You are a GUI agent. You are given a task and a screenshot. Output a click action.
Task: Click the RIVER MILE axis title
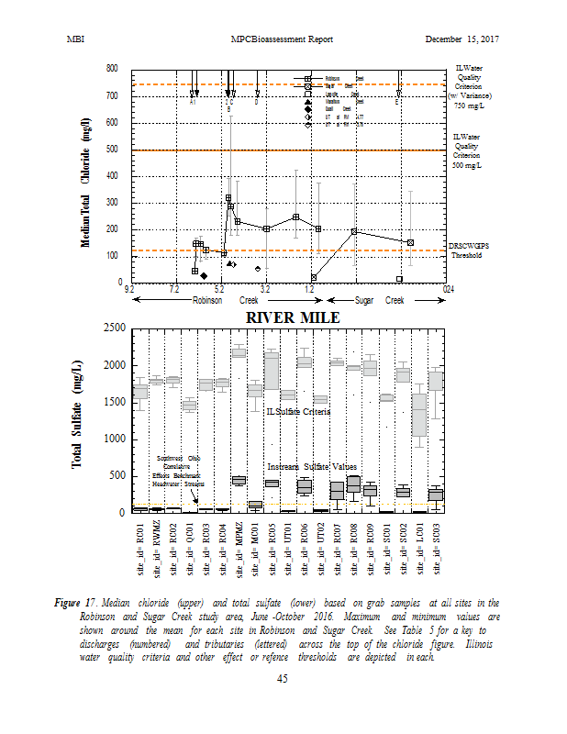point(293,317)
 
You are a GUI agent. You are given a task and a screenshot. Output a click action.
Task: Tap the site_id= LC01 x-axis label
point(419,550)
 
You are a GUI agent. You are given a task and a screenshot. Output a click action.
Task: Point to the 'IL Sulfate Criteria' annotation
point(298,410)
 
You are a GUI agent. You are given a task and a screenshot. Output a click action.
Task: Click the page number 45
point(283,679)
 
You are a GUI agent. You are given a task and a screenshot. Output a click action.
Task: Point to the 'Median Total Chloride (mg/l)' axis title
point(85,183)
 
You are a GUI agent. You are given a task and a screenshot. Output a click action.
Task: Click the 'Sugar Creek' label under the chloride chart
point(366,300)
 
